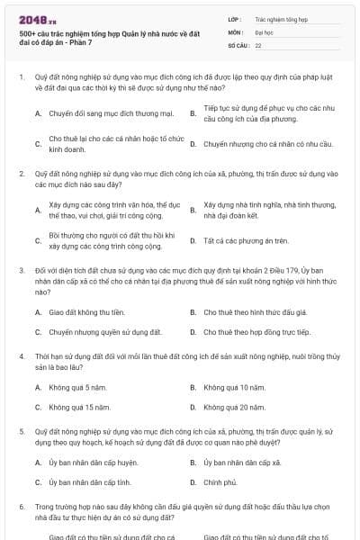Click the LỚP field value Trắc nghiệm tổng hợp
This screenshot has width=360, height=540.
[281, 19]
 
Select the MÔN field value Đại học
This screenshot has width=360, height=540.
[264, 31]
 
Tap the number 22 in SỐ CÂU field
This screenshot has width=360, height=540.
[258, 44]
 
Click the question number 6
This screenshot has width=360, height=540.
[22, 507]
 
